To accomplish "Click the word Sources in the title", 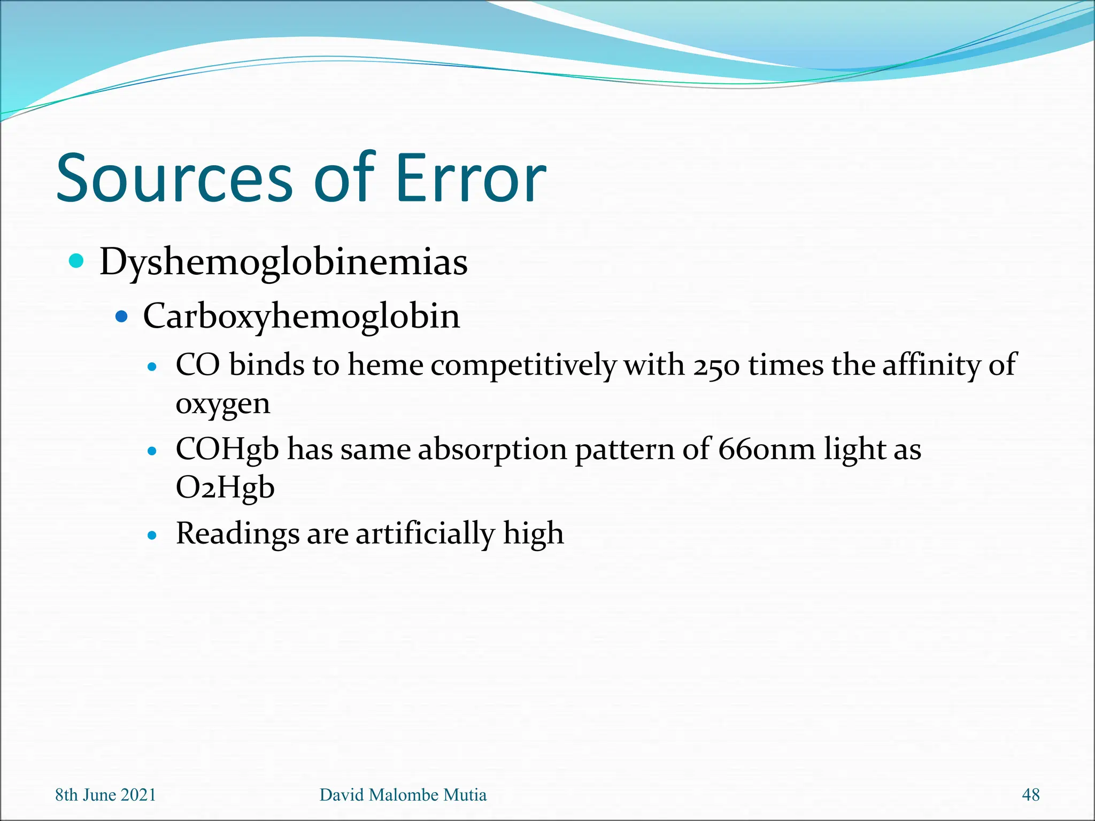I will click(x=174, y=179).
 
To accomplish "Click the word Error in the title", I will click(x=471, y=179).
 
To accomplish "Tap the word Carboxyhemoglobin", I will click(x=301, y=316).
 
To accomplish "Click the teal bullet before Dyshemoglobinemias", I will click(x=77, y=261).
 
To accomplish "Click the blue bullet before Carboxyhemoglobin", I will click(x=122, y=316).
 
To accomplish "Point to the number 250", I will click(x=716, y=366).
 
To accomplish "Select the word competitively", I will click(x=523, y=366).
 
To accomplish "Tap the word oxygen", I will click(x=223, y=405).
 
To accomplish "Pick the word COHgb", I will click(x=227, y=450).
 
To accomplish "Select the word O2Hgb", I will click(x=225, y=488).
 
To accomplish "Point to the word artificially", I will click(x=426, y=534).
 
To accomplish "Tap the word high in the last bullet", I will click(x=533, y=534).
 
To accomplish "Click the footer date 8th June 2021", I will click(x=105, y=795).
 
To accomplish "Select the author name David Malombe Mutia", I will click(x=403, y=795).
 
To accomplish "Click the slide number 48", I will click(x=1030, y=795).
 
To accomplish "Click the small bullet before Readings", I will click(x=153, y=535).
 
